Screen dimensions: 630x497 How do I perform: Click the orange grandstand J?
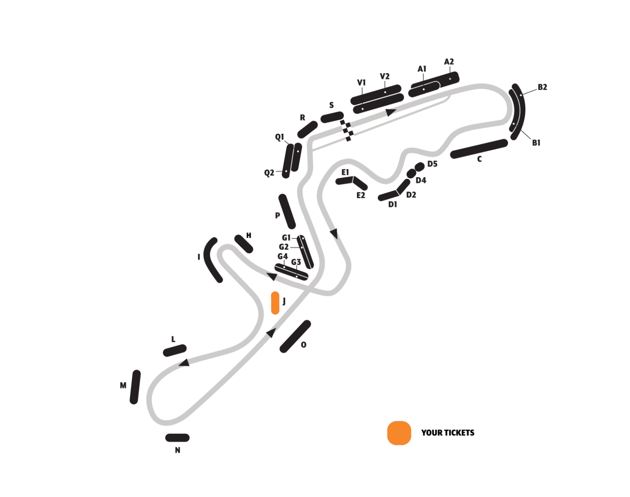[275, 303]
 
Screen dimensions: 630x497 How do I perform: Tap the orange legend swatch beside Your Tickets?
[399, 433]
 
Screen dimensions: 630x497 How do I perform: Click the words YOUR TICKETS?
[447, 433]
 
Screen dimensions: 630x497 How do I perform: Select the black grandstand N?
[177, 438]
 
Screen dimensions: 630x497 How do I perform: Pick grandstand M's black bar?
[135, 387]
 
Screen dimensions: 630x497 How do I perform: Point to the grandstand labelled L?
[175, 350]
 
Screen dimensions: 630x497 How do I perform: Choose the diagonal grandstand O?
[295, 336]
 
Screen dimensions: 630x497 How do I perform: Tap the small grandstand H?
[244, 244]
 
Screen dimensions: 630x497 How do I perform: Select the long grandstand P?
[287, 211]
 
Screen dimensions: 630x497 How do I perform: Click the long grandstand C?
[479, 149]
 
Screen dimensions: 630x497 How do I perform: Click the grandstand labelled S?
[332, 117]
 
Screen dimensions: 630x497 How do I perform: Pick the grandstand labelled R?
[308, 130]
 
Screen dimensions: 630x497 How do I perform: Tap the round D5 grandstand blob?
[419, 167]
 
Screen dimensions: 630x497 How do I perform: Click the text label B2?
[542, 87]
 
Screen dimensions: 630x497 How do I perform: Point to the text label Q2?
[269, 173]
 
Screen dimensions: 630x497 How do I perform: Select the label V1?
[361, 82]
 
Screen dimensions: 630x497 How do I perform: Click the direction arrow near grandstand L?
[184, 363]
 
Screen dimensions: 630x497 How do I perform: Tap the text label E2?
[361, 195]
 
